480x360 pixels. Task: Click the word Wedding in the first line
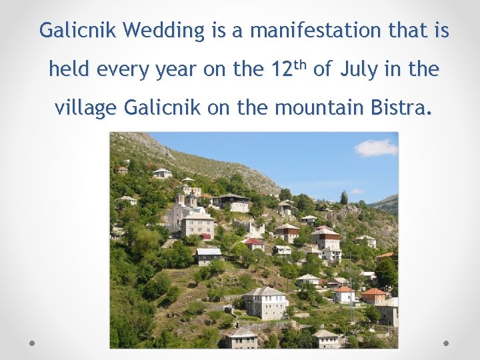pos(164,31)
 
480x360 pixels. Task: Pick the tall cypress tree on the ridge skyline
pos(344,198)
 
